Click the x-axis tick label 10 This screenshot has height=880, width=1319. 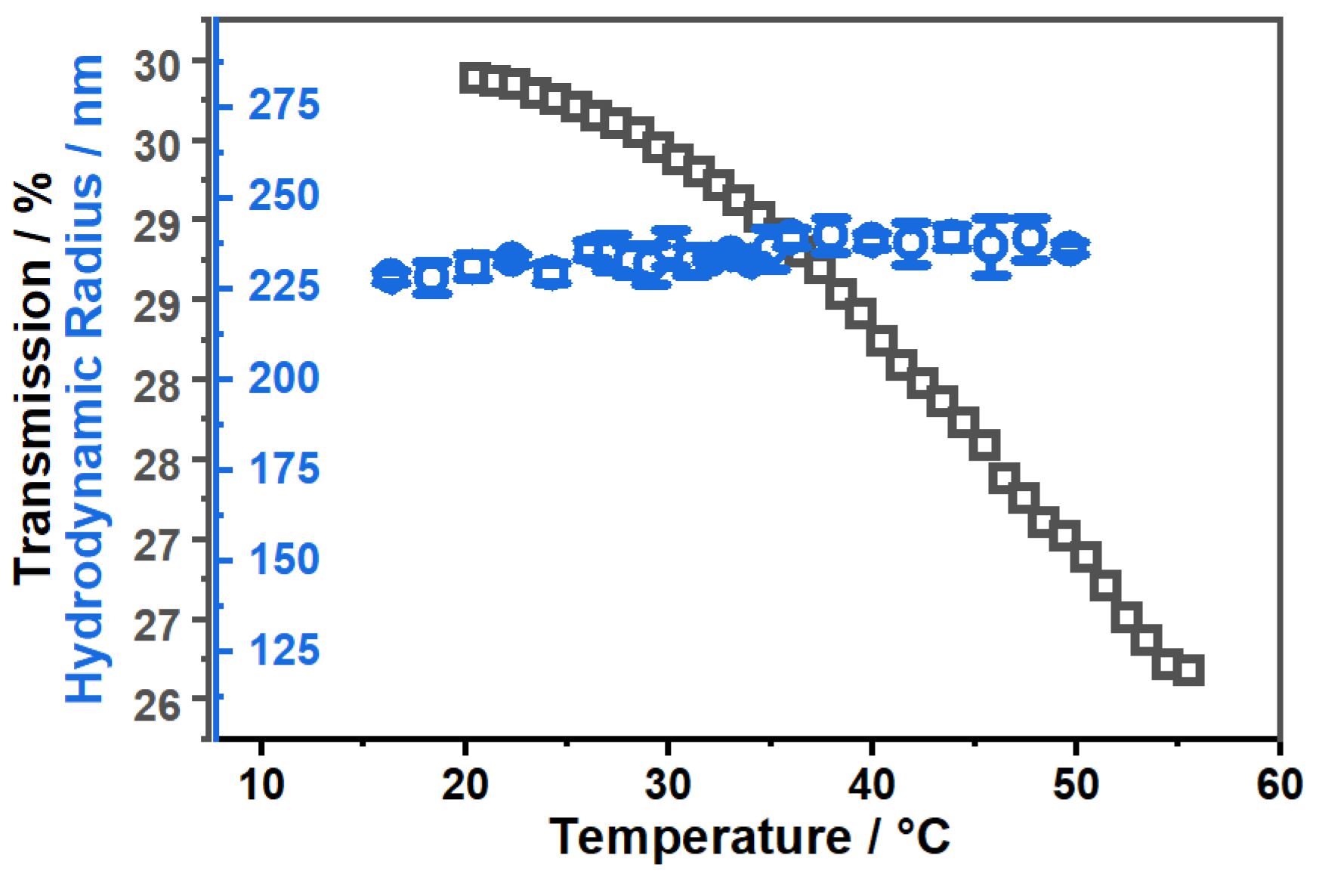261,786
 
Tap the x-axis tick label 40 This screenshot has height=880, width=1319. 871,786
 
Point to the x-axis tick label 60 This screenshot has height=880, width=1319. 1278,786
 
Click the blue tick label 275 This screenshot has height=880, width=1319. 284,106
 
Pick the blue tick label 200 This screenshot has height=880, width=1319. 284,378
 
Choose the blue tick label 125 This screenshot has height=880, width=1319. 284,651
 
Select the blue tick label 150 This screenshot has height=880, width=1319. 284,560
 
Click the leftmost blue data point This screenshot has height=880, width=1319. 390,277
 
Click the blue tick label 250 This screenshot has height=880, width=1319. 284,196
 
